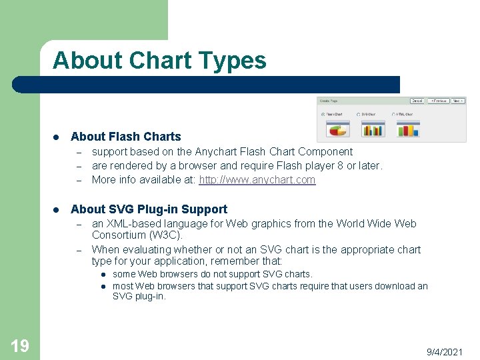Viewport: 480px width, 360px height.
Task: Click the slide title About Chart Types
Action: tap(159, 61)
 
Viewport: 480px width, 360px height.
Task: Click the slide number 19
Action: tap(20, 345)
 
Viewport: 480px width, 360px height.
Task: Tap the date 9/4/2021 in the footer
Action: tap(445, 351)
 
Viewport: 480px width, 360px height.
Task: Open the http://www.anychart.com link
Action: tap(257, 180)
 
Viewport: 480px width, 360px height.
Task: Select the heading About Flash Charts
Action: tap(125, 137)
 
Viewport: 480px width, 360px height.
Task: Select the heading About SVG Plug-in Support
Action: tap(149, 209)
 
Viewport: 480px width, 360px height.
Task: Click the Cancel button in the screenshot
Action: tap(417, 101)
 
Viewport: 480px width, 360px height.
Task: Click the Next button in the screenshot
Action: tap(458, 101)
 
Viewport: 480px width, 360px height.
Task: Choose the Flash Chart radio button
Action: tap(323, 114)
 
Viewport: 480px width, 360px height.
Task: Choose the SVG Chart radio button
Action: tap(359, 114)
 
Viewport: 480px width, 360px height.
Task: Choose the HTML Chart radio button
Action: tap(394, 114)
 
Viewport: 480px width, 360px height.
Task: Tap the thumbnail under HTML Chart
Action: tap(407, 128)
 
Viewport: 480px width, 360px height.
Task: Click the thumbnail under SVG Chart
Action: tap(372, 128)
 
